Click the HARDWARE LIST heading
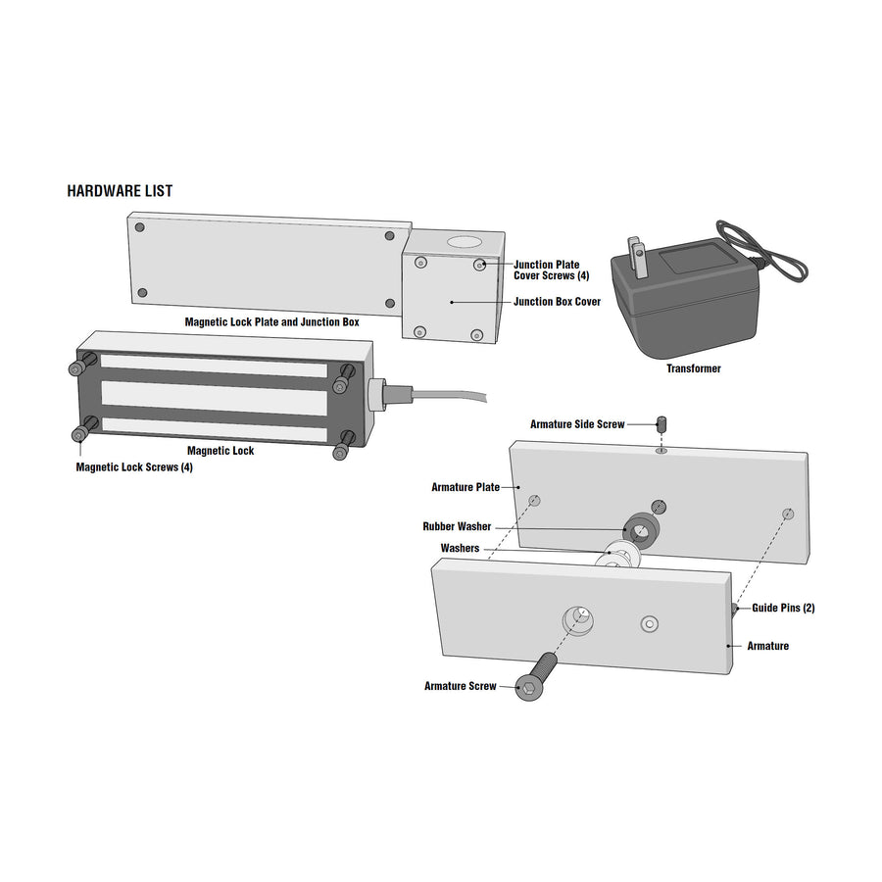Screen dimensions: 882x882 pyautogui.click(x=120, y=191)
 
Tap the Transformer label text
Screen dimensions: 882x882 pyautogui.click(x=693, y=369)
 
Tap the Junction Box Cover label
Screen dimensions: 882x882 pyautogui.click(x=557, y=302)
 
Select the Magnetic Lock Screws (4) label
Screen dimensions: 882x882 pyautogui.click(x=134, y=467)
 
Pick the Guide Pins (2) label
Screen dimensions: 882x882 pyautogui.click(x=783, y=609)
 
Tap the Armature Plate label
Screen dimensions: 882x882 pyautogui.click(x=465, y=487)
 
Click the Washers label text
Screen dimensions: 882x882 pyautogui.click(x=460, y=549)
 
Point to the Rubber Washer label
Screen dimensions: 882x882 pyautogui.click(x=457, y=527)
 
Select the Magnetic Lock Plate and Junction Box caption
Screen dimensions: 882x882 pyautogui.click(x=271, y=321)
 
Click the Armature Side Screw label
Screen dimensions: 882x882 pyautogui.click(x=577, y=424)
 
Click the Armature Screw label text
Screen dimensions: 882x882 pyautogui.click(x=460, y=686)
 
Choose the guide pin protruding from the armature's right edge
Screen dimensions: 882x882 pyautogui.click(x=734, y=610)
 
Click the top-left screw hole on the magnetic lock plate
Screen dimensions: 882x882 pyautogui.click(x=140, y=227)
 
